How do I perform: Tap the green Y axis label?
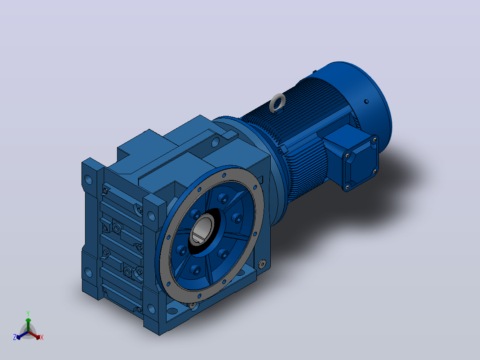(x=28, y=313)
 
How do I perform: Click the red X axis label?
(x=42, y=337)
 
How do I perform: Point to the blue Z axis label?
(x=15, y=337)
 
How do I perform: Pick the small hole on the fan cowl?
(x=366, y=102)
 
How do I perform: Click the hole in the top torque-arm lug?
(x=215, y=142)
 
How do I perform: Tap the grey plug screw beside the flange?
(x=262, y=264)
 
